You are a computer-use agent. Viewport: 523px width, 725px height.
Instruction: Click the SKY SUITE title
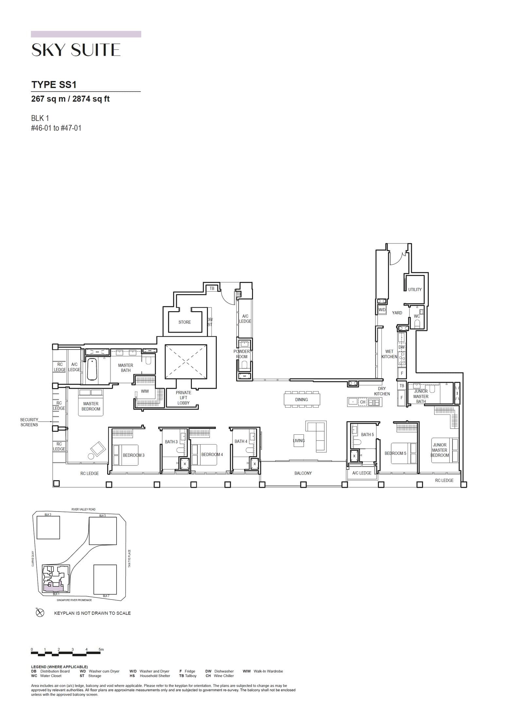pos(76,50)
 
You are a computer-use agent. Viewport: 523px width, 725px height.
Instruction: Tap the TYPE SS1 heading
pos(54,85)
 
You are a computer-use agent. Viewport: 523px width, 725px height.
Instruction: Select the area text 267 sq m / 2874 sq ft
pos(70,99)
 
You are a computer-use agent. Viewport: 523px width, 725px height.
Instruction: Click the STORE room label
pos(184,322)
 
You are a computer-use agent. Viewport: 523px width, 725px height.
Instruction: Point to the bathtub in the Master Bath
pos(92,369)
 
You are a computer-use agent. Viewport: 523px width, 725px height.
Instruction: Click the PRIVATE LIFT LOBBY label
pos(183,398)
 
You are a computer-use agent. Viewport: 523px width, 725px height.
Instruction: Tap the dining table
pos(302,399)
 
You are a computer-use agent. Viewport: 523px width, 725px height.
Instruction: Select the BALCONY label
pos(303,473)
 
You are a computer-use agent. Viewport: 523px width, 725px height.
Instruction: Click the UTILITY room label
pos(414,290)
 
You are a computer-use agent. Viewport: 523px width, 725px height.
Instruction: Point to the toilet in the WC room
pos(417,324)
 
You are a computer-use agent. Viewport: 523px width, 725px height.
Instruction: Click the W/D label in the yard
pos(382,310)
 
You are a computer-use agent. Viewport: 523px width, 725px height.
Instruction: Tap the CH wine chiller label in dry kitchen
pos(363,402)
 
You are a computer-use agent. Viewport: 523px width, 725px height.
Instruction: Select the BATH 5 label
pos(367,435)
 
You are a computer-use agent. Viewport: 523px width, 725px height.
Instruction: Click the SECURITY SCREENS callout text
pos(29,422)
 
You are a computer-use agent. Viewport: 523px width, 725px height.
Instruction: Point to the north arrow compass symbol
pos(40,613)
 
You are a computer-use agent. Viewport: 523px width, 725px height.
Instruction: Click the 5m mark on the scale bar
pos(101,649)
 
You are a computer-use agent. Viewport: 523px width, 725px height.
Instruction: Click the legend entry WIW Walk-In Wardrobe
pos(262,671)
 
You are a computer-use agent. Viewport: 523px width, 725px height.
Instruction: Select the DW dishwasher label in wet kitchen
pos(401,347)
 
